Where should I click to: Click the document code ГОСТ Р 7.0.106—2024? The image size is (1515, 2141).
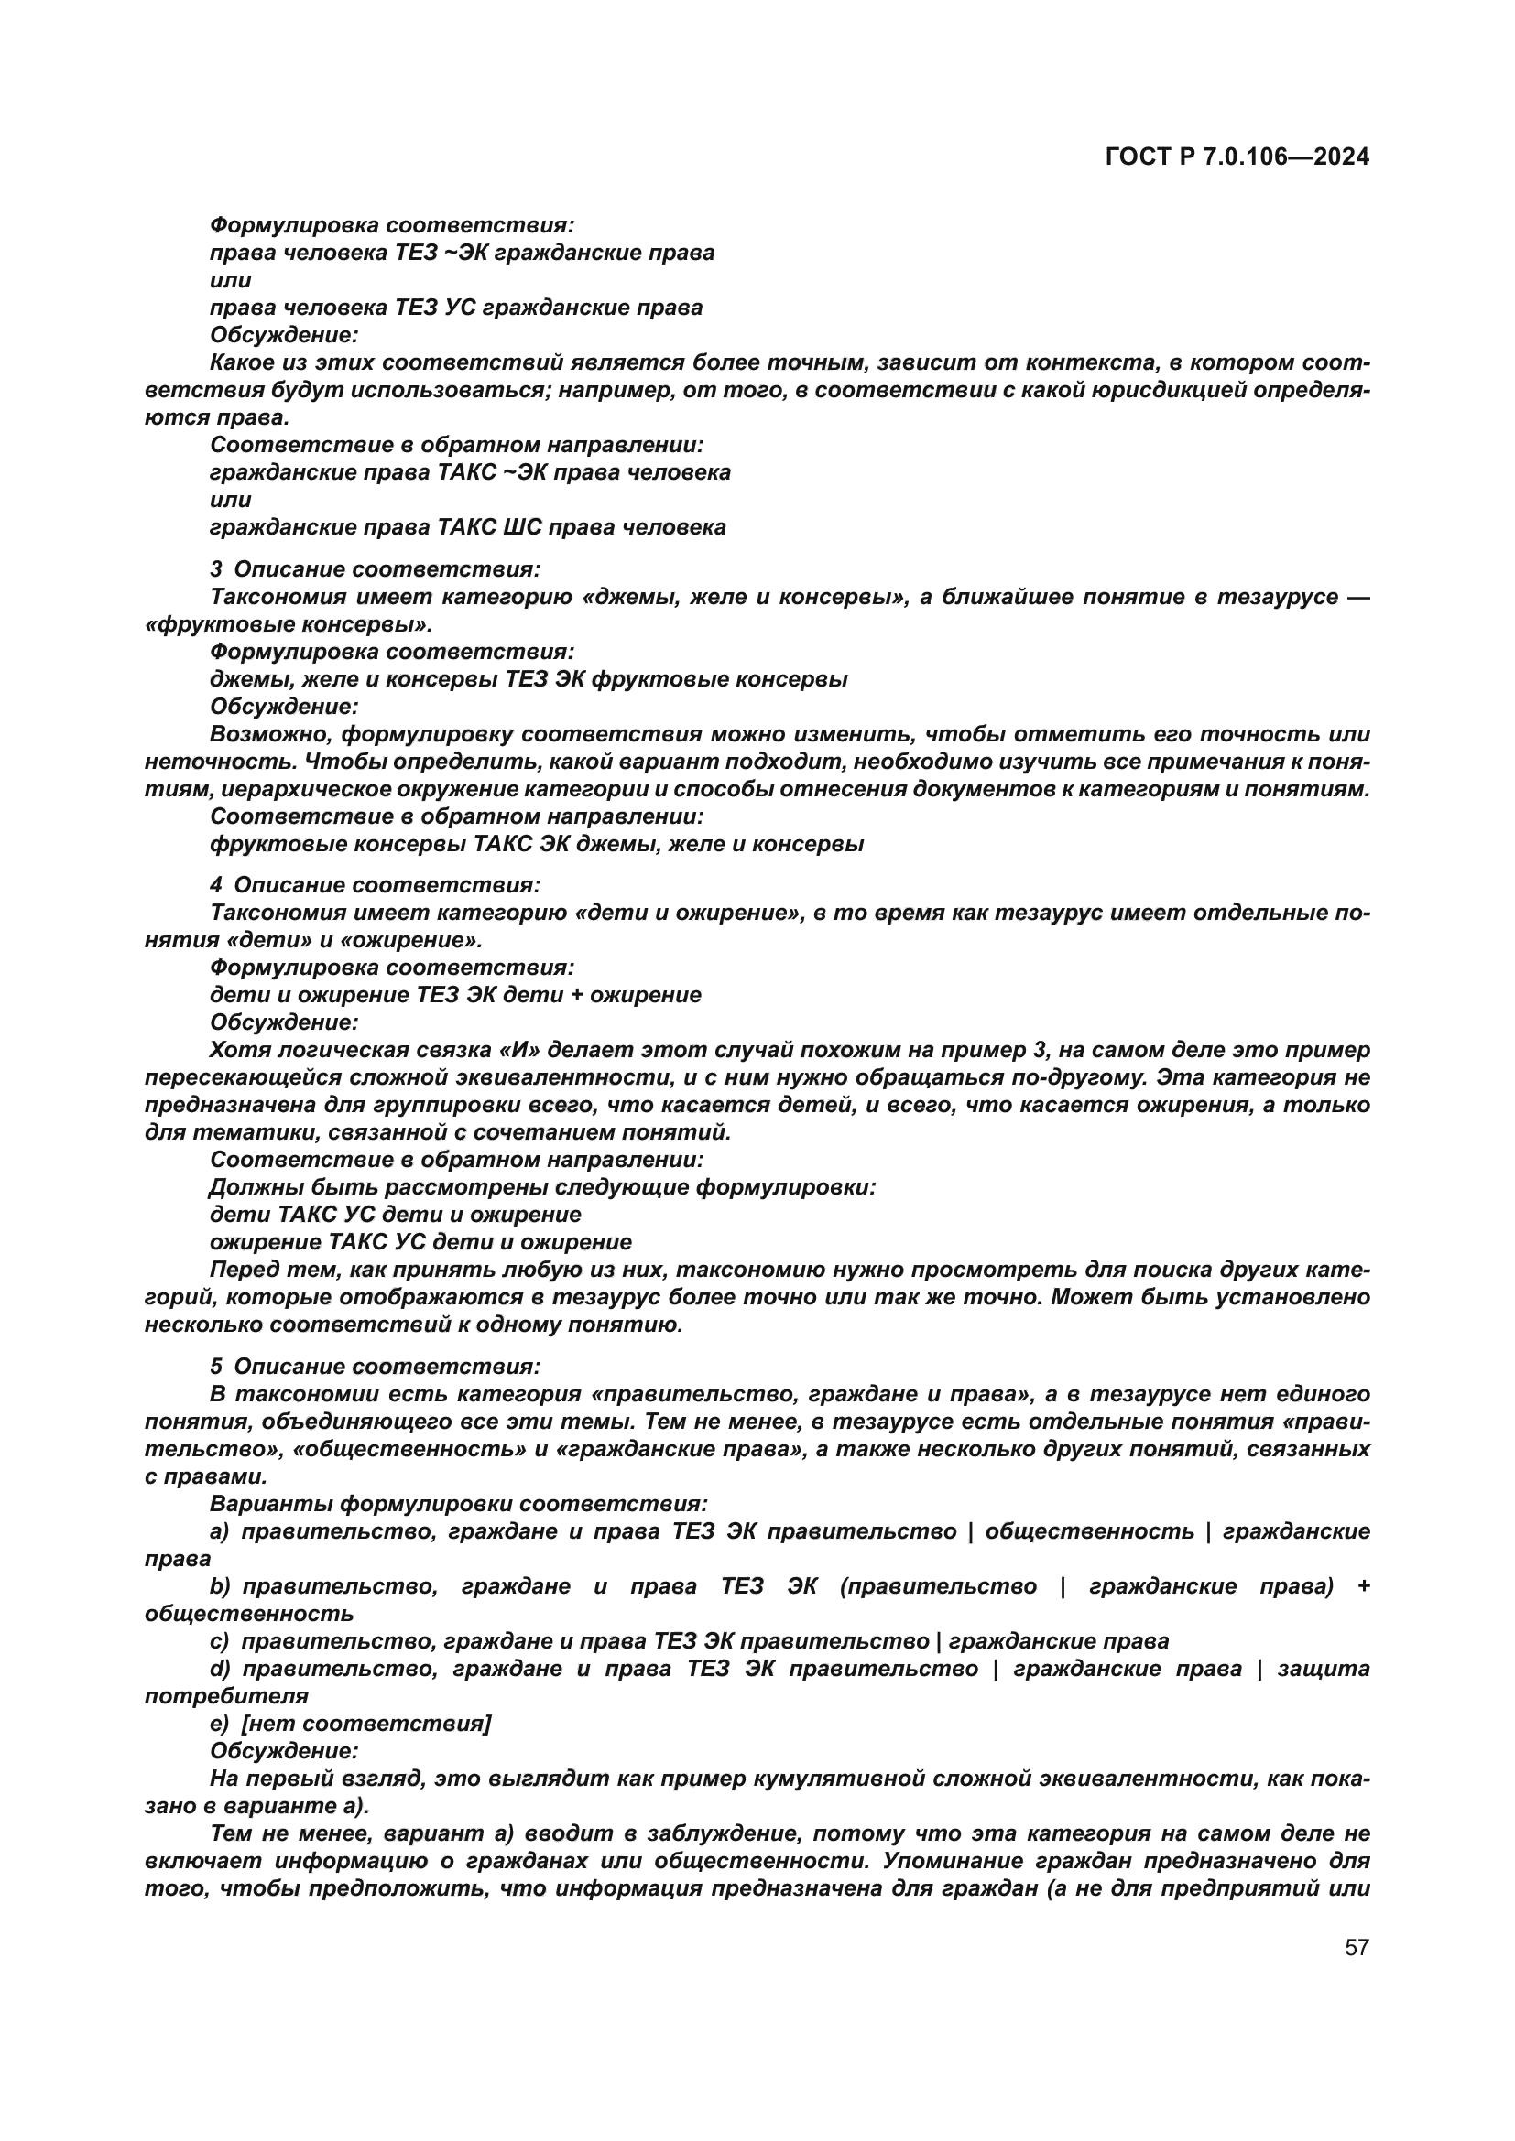click(1237, 157)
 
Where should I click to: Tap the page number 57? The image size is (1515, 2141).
click(1357, 1946)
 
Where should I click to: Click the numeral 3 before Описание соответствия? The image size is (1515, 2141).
click(215, 568)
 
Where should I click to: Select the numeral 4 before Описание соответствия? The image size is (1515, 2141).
click(215, 885)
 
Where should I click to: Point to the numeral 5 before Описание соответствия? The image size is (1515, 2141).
click(215, 1366)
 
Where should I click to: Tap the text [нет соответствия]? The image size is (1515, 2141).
click(365, 1724)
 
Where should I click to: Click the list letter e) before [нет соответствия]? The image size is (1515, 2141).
click(220, 1724)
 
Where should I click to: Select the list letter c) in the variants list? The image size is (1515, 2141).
click(220, 1641)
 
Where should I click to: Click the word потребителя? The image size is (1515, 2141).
click(226, 1696)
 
